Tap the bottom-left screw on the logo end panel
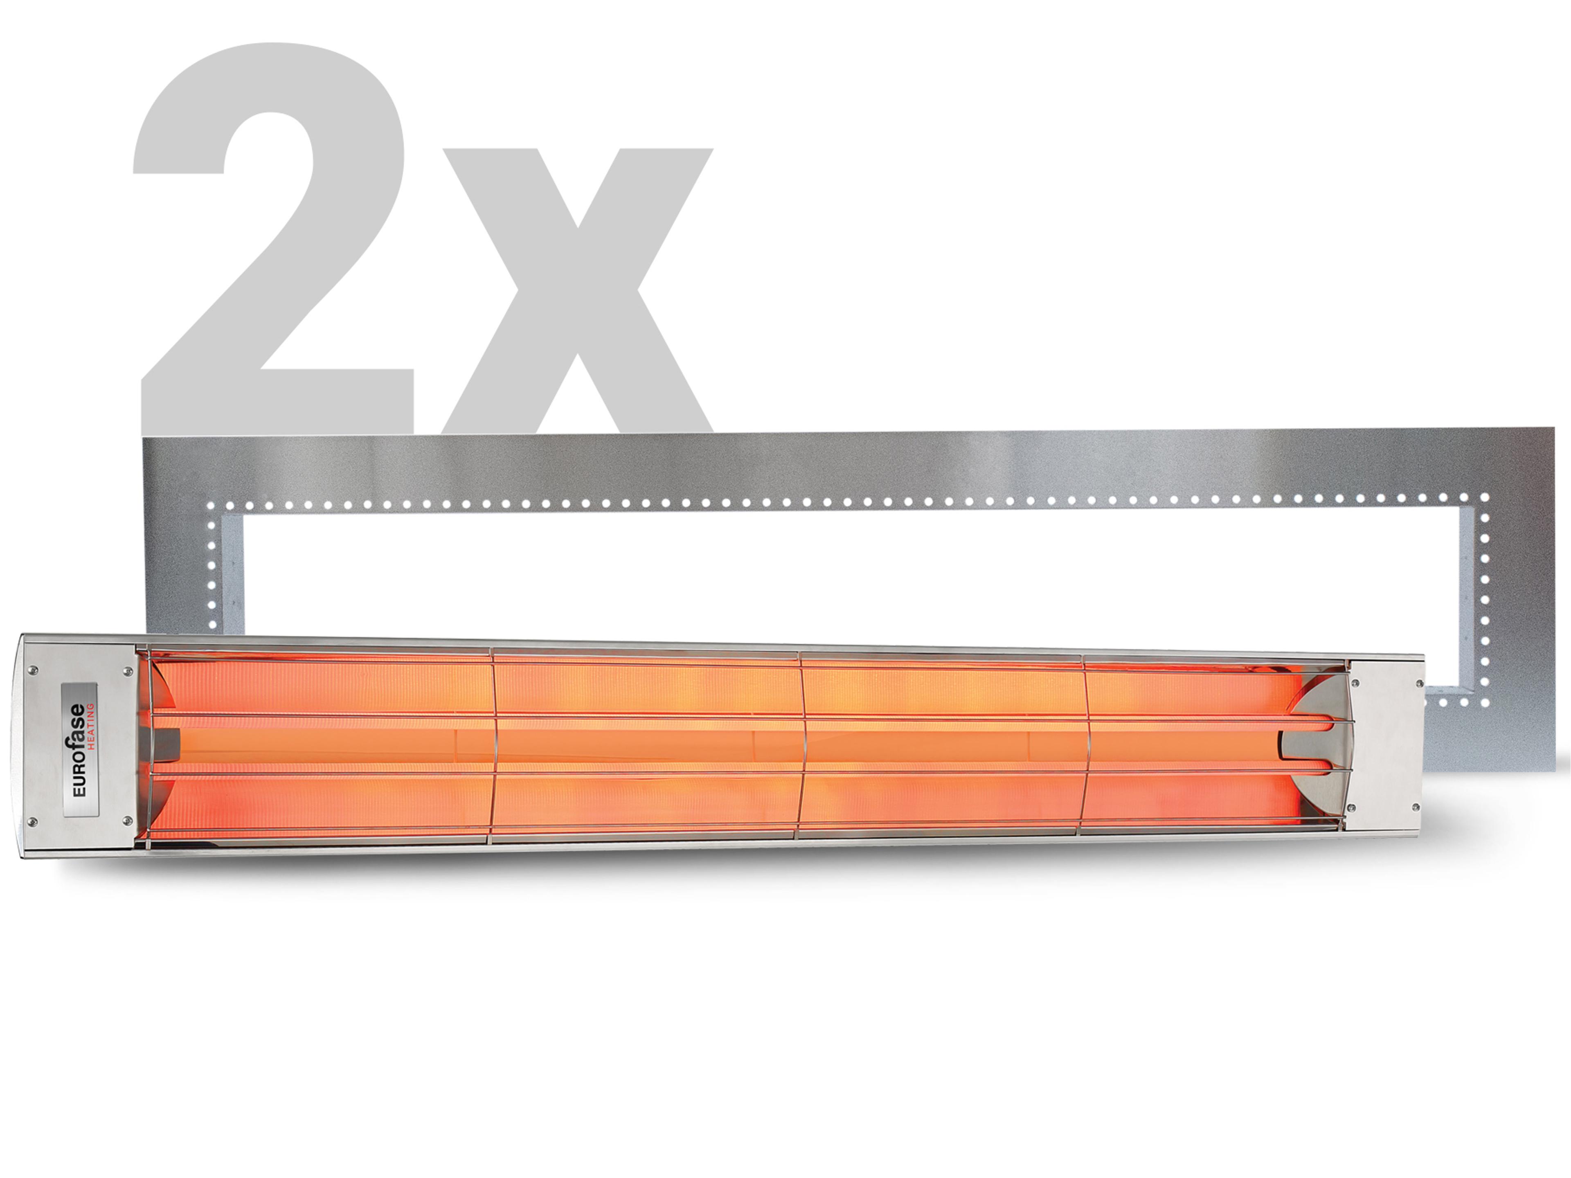tap(32, 822)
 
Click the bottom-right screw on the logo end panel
tap(128, 820)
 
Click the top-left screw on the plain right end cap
tap(1355, 683)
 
